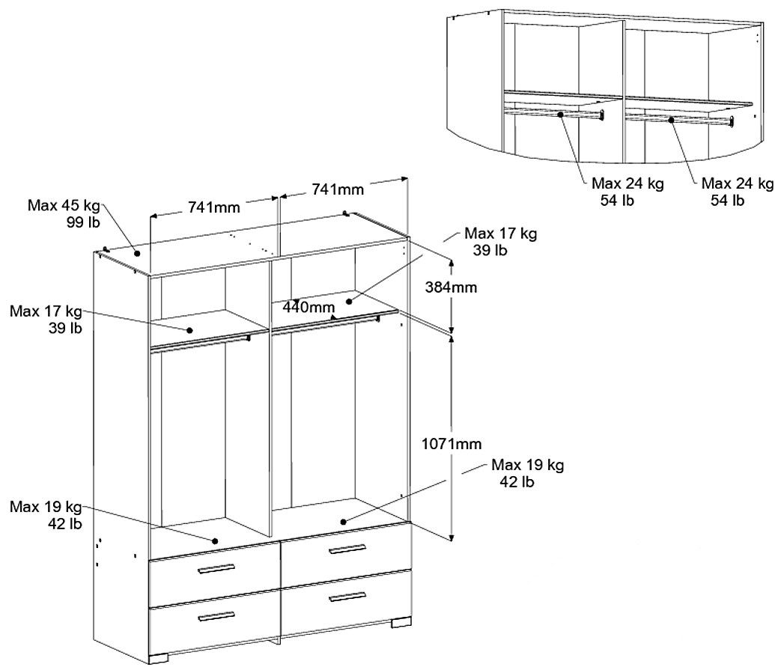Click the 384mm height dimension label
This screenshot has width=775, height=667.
click(x=452, y=287)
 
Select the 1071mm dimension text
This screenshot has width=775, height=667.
click(x=452, y=444)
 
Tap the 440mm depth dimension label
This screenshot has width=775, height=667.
click(x=309, y=307)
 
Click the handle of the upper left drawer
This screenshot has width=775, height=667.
click(x=216, y=569)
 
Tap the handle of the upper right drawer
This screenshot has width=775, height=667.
click(x=347, y=549)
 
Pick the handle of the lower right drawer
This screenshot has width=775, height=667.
click(x=347, y=597)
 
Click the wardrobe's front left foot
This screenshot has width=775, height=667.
click(x=159, y=658)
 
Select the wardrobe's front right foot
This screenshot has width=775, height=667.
click(x=401, y=622)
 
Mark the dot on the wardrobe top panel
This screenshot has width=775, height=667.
click(x=137, y=254)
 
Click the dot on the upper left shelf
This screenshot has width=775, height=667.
click(x=189, y=330)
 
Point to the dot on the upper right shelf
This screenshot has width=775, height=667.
click(x=349, y=301)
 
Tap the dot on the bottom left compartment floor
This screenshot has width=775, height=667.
click(x=215, y=541)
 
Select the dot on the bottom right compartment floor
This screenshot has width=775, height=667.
click(x=343, y=521)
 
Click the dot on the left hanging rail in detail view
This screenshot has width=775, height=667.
click(x=561, y=114)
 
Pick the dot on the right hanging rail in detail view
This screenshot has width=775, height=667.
click(x=671, y=120)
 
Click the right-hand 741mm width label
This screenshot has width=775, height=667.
click(x=338, y=189)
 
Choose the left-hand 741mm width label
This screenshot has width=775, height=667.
click(x=214, y=207)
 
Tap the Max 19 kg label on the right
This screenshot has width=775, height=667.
click(x=527, y=473)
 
